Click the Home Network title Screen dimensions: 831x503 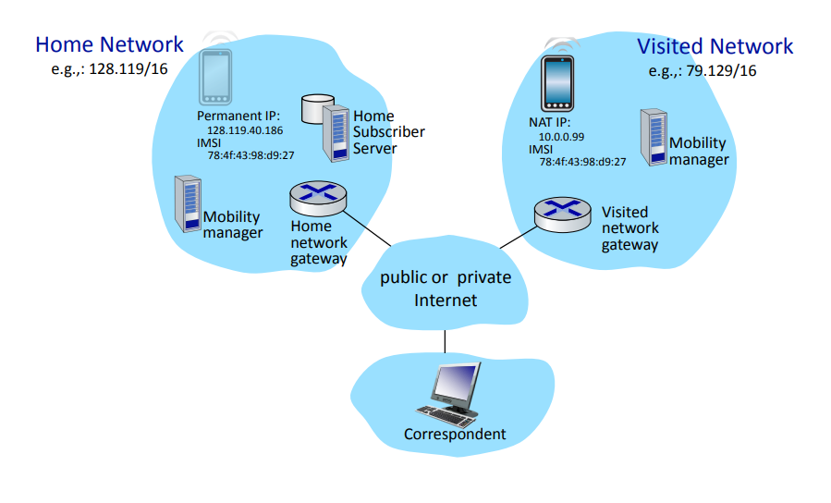point(109,44)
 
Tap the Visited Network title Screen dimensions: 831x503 point(715,46)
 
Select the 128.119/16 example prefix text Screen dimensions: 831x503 point(128,69)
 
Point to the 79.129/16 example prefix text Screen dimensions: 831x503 point(721,71)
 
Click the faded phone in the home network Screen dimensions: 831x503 point(215,77)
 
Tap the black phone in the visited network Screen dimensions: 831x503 point(557,83)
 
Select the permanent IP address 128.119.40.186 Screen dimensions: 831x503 point(245,130)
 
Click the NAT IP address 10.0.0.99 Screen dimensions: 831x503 point(561,137)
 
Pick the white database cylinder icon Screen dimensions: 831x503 point(317,109)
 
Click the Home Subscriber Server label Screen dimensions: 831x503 point(389,132)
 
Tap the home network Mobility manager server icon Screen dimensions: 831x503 point(189,204)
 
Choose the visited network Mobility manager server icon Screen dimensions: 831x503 point(654,137)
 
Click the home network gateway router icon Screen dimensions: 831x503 point(318,198)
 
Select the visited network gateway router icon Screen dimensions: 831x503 point(562,215)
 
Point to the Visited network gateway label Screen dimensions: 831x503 point(630,228)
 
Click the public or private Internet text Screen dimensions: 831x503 point(446,288)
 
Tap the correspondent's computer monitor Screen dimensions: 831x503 point(456,385)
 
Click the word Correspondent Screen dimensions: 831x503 point(455,434)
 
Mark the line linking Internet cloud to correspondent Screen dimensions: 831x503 point(445,341)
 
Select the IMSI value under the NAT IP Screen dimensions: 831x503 point(582,162)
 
